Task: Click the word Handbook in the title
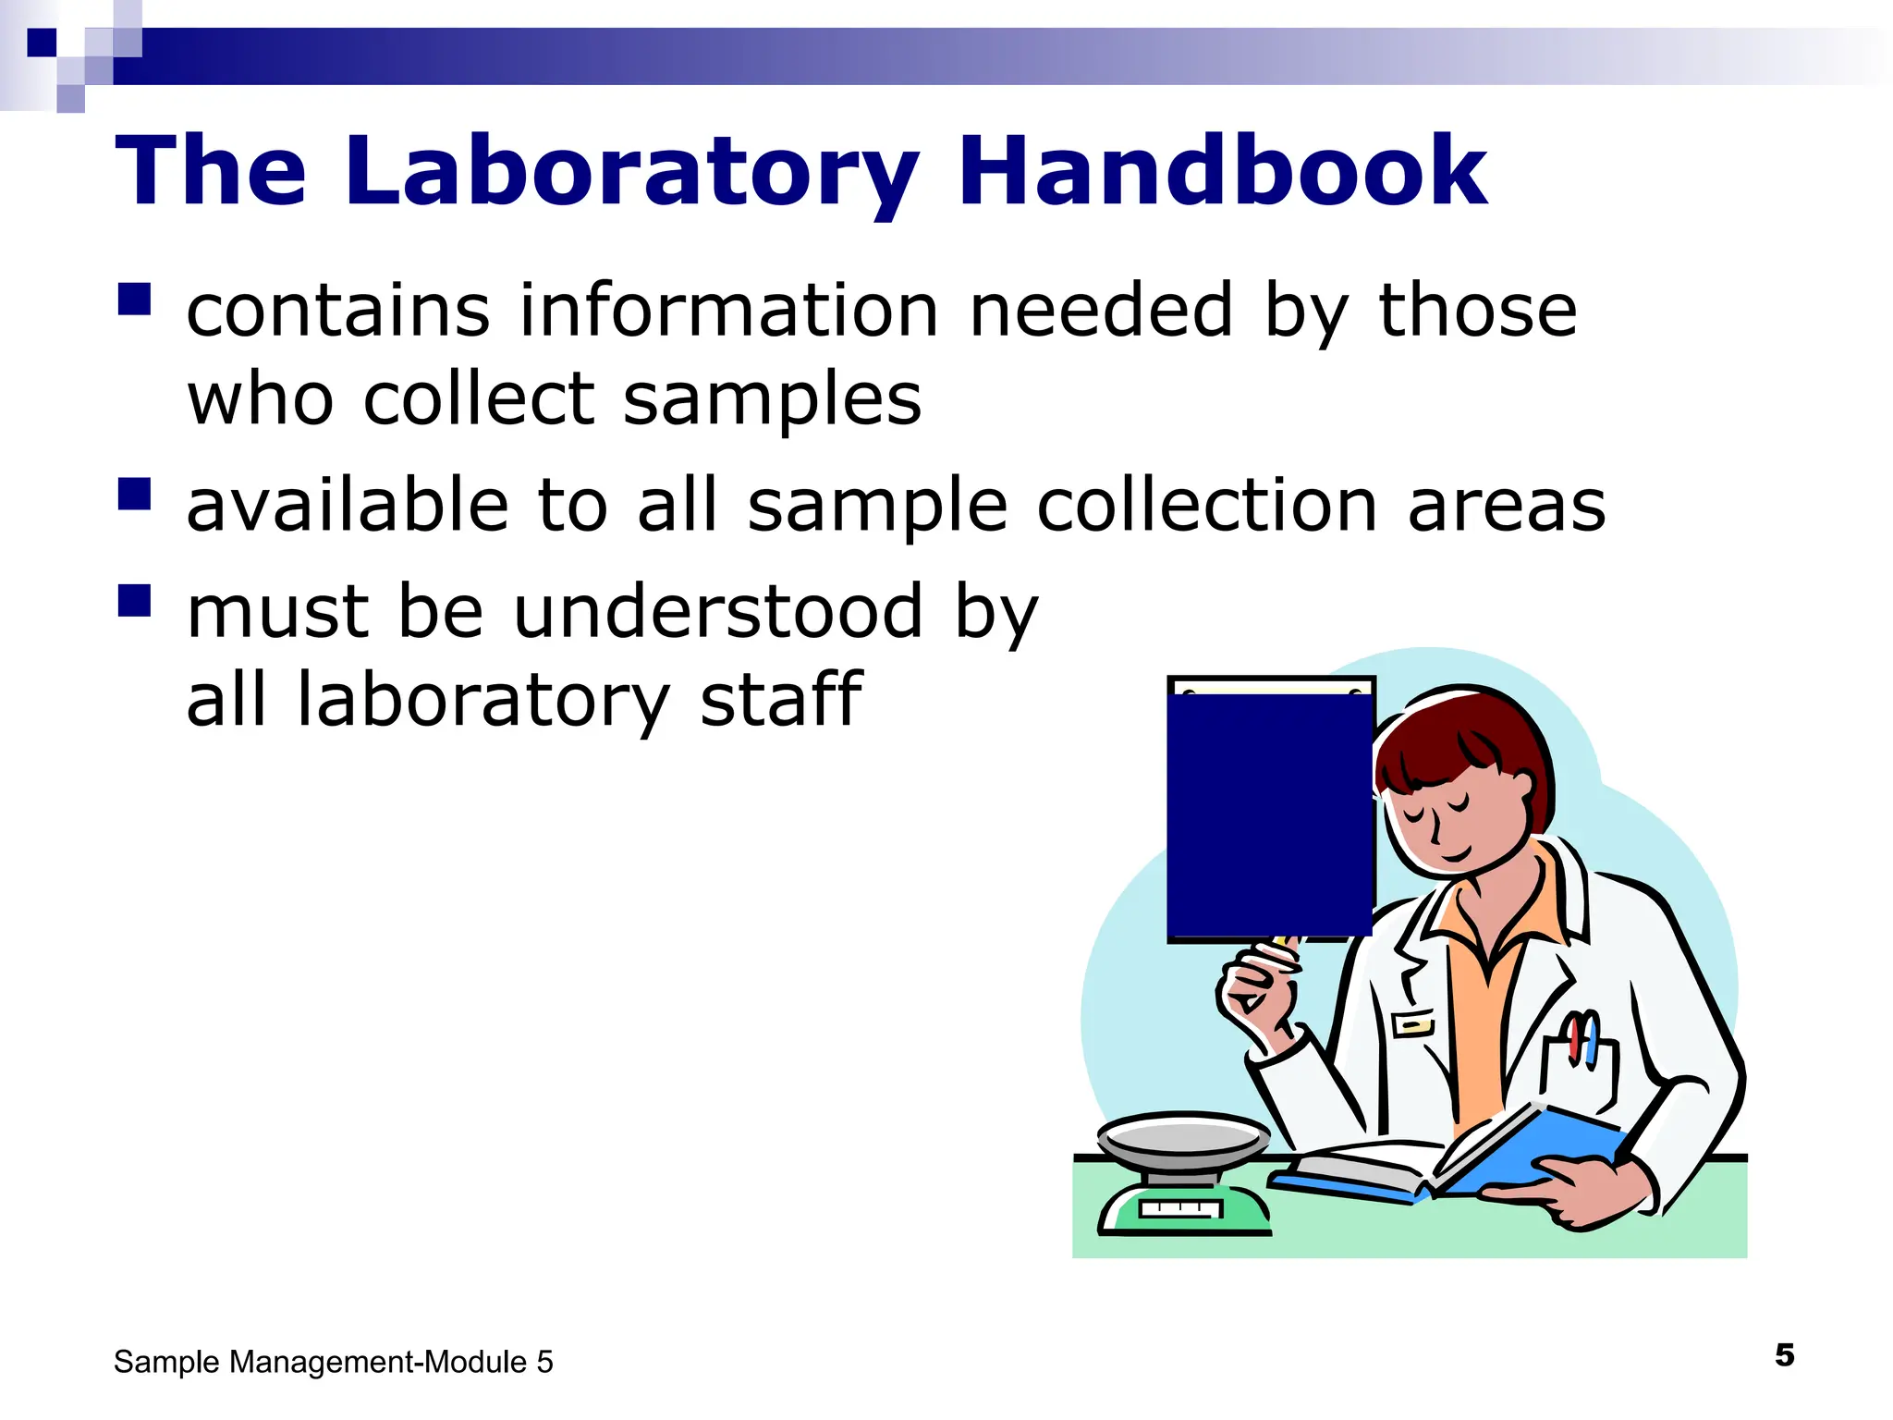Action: point(1222,172)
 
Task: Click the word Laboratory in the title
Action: point(631,172)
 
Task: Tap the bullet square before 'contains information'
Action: point(134,300)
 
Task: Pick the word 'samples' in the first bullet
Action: point(772,399)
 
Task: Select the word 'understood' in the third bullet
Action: point(718,612)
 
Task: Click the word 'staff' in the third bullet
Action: point(781,700)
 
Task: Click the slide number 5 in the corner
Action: point(1784,1355)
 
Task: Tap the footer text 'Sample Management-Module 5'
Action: point(333,1362)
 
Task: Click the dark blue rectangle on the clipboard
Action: point(1269,814)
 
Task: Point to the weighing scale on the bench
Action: point(1183,1174)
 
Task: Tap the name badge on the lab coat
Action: point(1413,1024)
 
